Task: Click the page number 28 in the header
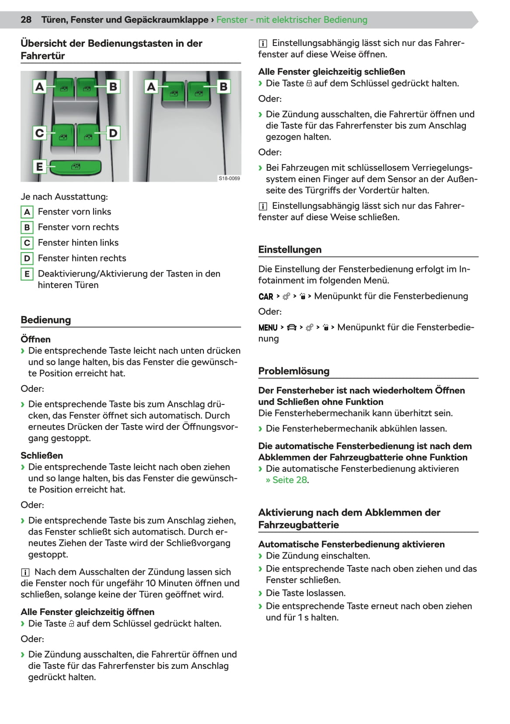coord(26,20)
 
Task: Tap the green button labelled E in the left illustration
coord(75,167)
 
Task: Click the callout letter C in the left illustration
coord(39,133)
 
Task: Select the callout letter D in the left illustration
coord(113,133)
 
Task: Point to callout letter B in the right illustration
coord(224,87)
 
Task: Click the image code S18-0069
coord(229,178)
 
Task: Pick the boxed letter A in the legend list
coord(27,212)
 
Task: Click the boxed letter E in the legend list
coord(27,274)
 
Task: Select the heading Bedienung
coord(45,320)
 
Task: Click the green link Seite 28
coord(290,480)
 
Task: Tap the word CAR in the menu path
coord(266,297)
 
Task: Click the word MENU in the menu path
coord(268,328)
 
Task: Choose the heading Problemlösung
coord(293,371)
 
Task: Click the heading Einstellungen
coord(290,250)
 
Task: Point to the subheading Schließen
coord(42,456)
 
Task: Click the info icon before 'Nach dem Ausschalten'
coord(25,572)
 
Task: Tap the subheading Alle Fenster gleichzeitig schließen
coord(332,72)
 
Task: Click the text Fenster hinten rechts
coord(82,258)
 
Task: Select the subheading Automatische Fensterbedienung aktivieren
coord(351,545)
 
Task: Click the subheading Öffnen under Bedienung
coord(35,339)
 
